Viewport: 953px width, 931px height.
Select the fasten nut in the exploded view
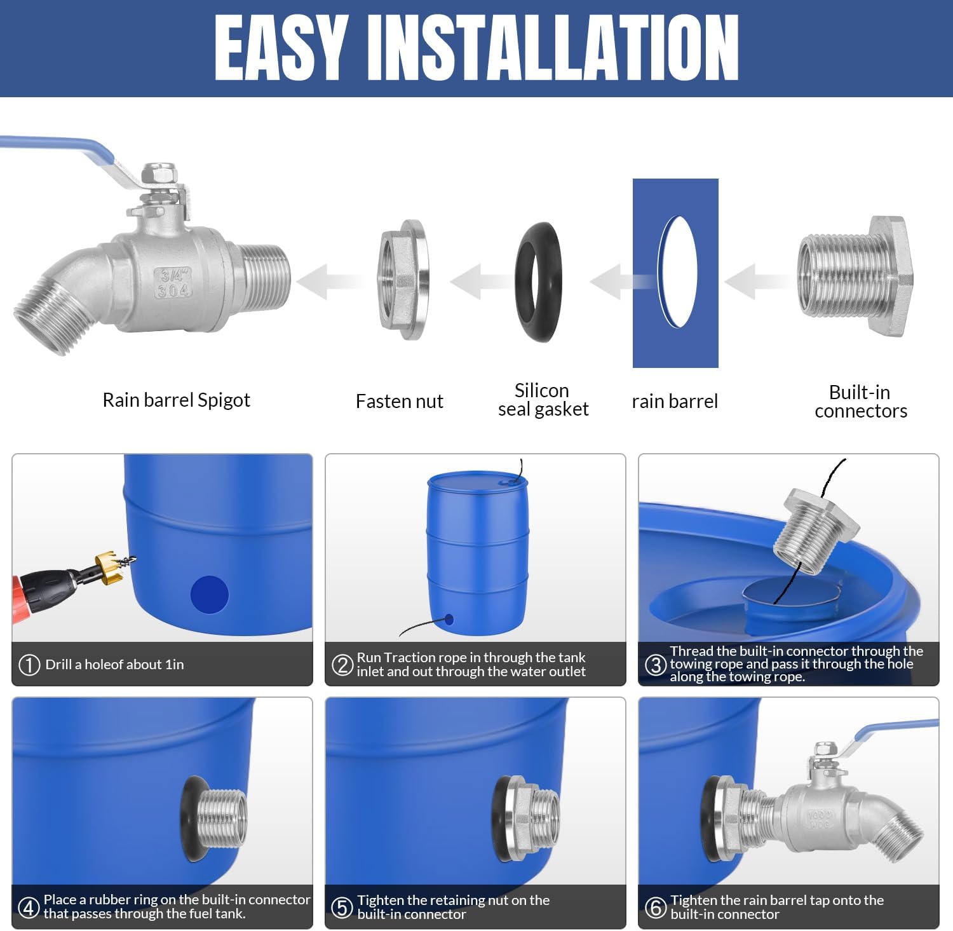click(403, 280)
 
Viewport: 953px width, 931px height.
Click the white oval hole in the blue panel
click(677, 272)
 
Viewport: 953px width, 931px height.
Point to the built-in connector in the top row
click(855, 276)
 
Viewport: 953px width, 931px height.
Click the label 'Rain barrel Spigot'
click(176, 400)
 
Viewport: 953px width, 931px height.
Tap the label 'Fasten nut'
click(399, 401)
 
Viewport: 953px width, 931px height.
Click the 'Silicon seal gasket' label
click(543, 399)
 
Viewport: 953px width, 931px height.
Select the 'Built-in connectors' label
click(860, 401)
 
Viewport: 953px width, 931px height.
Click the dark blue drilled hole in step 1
click(209, 594)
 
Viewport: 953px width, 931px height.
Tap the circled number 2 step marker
click(342, 665)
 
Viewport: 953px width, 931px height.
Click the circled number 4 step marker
click(29, 907)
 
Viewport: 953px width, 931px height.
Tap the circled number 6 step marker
click(655, 907)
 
